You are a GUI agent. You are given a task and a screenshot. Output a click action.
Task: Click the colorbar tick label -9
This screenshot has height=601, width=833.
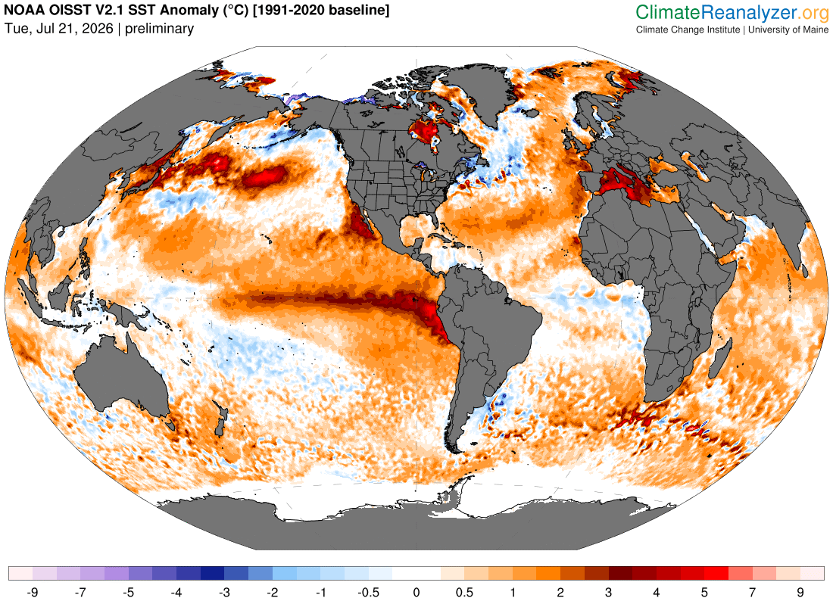pyautogui.click(x=33, y=592)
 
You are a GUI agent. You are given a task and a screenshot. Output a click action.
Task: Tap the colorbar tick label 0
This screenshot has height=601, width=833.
pyautogui.click(x=416, y=592)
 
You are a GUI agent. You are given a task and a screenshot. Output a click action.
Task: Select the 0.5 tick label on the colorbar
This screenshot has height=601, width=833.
pyautogui.click(x=464, y=592)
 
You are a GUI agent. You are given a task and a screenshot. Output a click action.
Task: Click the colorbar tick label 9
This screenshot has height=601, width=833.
pyautogui.click(x=800, y=592)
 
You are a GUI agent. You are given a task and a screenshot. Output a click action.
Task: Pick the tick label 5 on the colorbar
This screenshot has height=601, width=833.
pyautogui.click(x=704, y=592)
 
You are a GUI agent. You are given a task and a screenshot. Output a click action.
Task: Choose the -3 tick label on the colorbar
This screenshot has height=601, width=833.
pyautogui.click(x=224, y=592)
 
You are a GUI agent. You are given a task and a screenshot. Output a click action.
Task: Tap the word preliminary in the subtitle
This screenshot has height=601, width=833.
pyautogui.click(x=159, y=29)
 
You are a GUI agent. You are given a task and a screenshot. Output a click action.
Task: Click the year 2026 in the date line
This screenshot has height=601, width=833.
pyautogui.click(x=98, y=29)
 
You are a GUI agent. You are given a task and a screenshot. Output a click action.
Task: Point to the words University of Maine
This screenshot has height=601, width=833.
pyautogui.click(x=788, y=30)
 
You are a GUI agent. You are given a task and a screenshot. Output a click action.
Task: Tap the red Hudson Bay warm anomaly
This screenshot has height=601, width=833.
pyautogui.click(x=425, y=131)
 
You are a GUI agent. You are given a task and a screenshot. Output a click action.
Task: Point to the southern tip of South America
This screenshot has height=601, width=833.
pyautogui.click(x=455, y=451)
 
